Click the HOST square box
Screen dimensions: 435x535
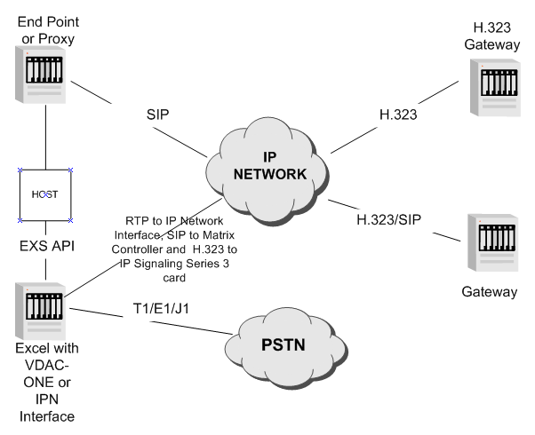[45, 193]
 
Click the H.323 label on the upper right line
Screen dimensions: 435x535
[379, 115]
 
